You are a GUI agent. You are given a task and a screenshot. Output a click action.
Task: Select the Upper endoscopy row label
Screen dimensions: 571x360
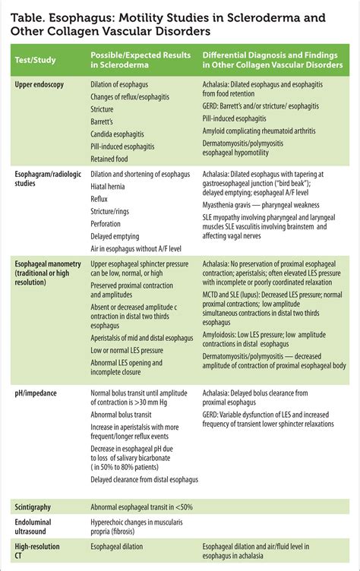pos(41,84)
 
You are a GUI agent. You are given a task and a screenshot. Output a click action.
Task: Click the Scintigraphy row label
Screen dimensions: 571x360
pos(37,505)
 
